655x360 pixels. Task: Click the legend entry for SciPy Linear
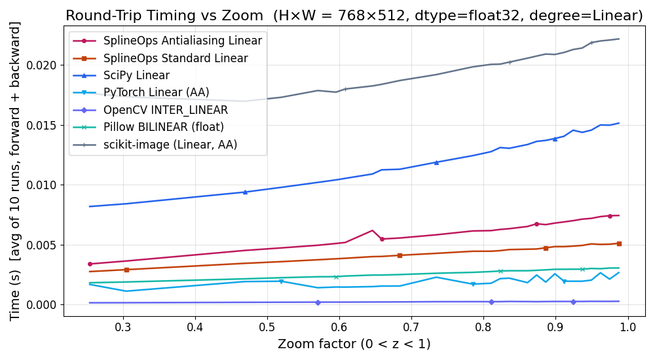tap(136, 75)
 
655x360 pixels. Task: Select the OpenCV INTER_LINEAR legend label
tap(166, 110)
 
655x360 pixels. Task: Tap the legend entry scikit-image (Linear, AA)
tap(170, 145)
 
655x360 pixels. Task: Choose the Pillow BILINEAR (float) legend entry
tap(164, 127)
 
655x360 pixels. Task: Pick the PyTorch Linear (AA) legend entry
tap(157, 93)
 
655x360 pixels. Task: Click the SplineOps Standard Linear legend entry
tap(176, 58)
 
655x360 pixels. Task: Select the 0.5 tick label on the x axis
tap(267, 327)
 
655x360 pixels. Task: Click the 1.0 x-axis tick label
tap(628, 327)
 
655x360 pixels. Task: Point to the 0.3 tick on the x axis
tap(122, 327)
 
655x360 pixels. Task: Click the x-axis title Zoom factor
tap(354, 344)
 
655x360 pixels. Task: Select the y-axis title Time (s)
tap(15, 170)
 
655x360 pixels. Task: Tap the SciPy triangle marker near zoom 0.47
tap(245, 192)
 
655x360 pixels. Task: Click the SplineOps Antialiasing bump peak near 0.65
tap(372, 230)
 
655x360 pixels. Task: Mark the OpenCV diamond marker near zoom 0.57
tap(318, 302)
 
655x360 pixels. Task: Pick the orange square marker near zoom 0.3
tap(126, 270)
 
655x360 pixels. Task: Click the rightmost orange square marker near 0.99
tap(619, 243)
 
